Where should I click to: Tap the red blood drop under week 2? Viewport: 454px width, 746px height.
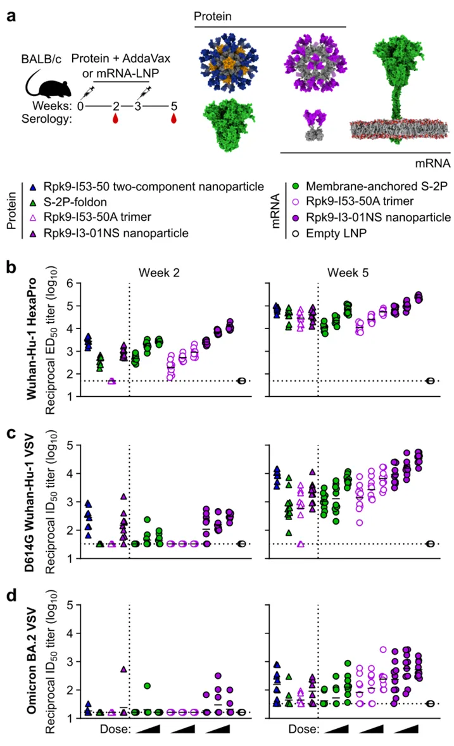115,118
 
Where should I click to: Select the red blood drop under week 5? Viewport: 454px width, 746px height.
173,118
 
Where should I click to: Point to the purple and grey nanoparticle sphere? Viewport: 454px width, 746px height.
315,63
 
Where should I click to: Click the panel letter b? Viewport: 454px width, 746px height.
11,268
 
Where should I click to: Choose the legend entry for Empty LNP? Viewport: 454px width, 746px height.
331,233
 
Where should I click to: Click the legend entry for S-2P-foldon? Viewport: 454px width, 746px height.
70,202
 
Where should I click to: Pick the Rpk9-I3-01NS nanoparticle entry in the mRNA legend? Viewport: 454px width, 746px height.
370,218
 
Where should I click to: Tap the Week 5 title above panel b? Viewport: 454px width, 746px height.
348,273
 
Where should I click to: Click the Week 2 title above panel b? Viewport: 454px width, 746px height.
159,273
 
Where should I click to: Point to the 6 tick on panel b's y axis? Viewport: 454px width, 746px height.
70,283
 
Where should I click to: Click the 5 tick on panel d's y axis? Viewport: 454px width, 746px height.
70,605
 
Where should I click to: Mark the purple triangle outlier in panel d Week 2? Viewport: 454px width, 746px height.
123,669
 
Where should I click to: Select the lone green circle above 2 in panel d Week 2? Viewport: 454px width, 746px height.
148,686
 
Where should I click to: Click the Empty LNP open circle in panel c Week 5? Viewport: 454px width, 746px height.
431,544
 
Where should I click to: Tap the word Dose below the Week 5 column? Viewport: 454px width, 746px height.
304,730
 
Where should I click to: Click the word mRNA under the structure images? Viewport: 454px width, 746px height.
432,163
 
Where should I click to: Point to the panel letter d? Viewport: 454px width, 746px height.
11,595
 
